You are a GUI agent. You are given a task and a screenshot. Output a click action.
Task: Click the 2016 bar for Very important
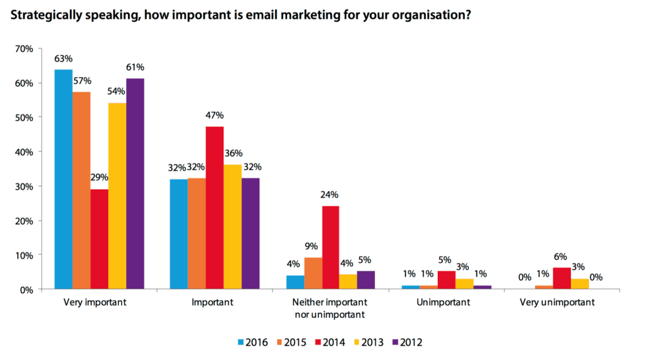pyautogui.click(x=63, y=180)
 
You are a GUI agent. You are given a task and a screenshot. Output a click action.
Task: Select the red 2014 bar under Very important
pyautogui.click(x=99, y=239)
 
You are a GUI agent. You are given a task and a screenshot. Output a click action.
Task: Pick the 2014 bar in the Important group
pyautogui.click(x=214, y=207)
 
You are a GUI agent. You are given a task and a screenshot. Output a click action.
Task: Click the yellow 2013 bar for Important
pyautogui.click(x=233, y=227)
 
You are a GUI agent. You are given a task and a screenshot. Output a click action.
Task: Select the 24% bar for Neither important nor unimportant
pyautogui.click(x=331, y=247)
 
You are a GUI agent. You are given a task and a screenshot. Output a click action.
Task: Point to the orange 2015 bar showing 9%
pyautogui.click(x=313, y=273)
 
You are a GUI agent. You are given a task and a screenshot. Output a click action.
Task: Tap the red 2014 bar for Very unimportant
pyautogui.click(x=561, y=278)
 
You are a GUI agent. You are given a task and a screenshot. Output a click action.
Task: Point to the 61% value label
pyautogui.click(x=136, y=67)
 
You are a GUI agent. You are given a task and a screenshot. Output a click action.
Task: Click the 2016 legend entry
pyautogui.click(x=251, y=342)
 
